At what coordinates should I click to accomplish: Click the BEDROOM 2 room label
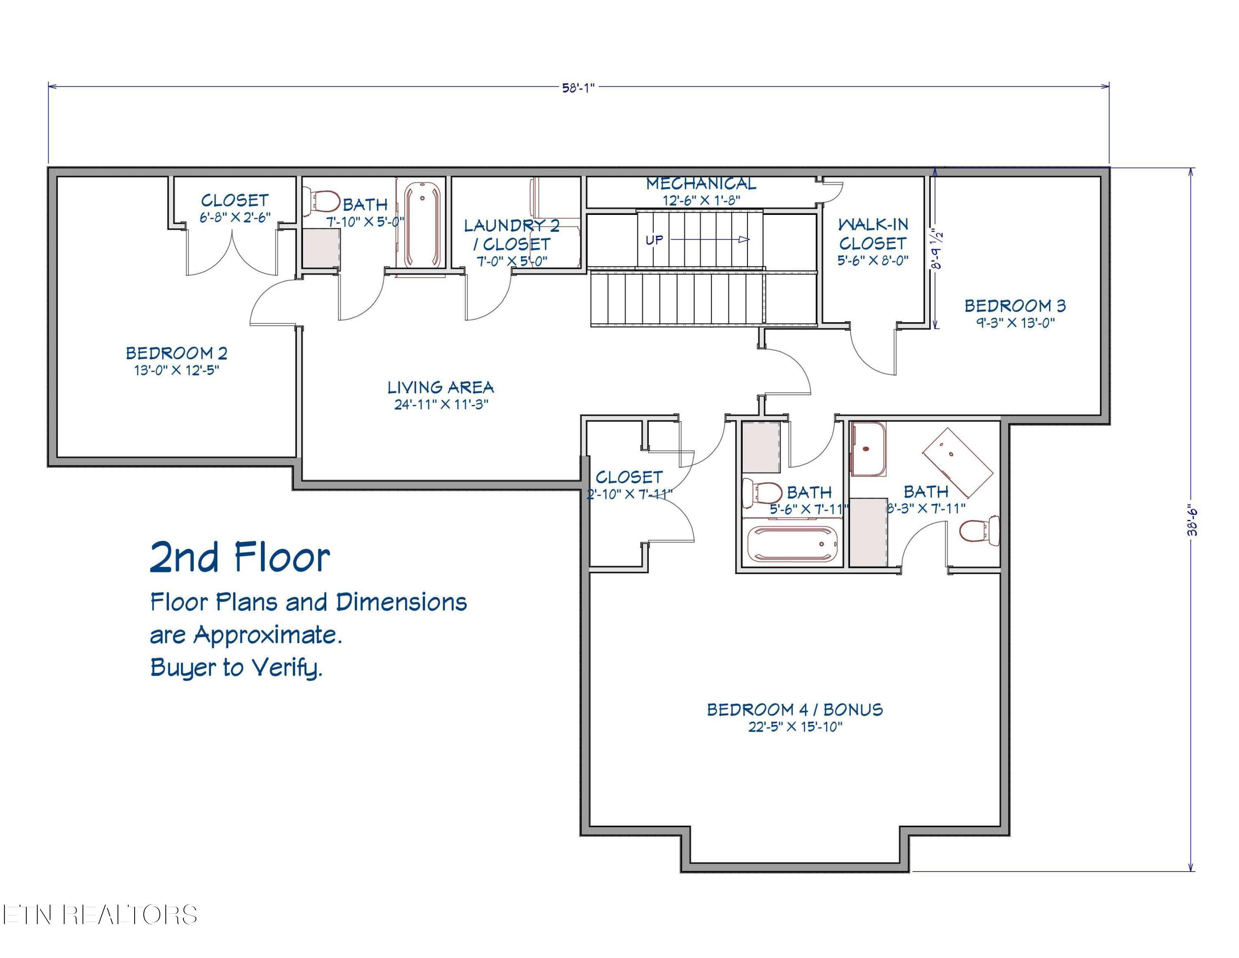pyautogui.click(x=176, y=353)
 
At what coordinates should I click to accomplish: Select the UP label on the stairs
pyautogui.click(x=654, y=240)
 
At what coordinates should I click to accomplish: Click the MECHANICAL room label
pyautogui.click(x=701, y=183)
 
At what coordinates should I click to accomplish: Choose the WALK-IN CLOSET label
pyautogui.click(x=873, y=234)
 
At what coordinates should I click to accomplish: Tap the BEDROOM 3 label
pyautogui.click(x=1015, y=306)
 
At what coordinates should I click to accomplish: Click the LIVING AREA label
pyautogui.click(x=441, y=387)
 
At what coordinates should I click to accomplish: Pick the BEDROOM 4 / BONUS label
pyautogui.click(x=795, y=710)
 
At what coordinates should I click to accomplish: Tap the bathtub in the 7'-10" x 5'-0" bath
pyautogui.click(x=422, y=225)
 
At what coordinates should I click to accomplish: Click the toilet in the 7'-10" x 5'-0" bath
pyautogui.click(x=322, y=201)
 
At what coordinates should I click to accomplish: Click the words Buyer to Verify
pyautogui.click(x=236, y=667)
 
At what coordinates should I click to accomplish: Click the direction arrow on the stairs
pyautogui.click(x=710, y=240)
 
